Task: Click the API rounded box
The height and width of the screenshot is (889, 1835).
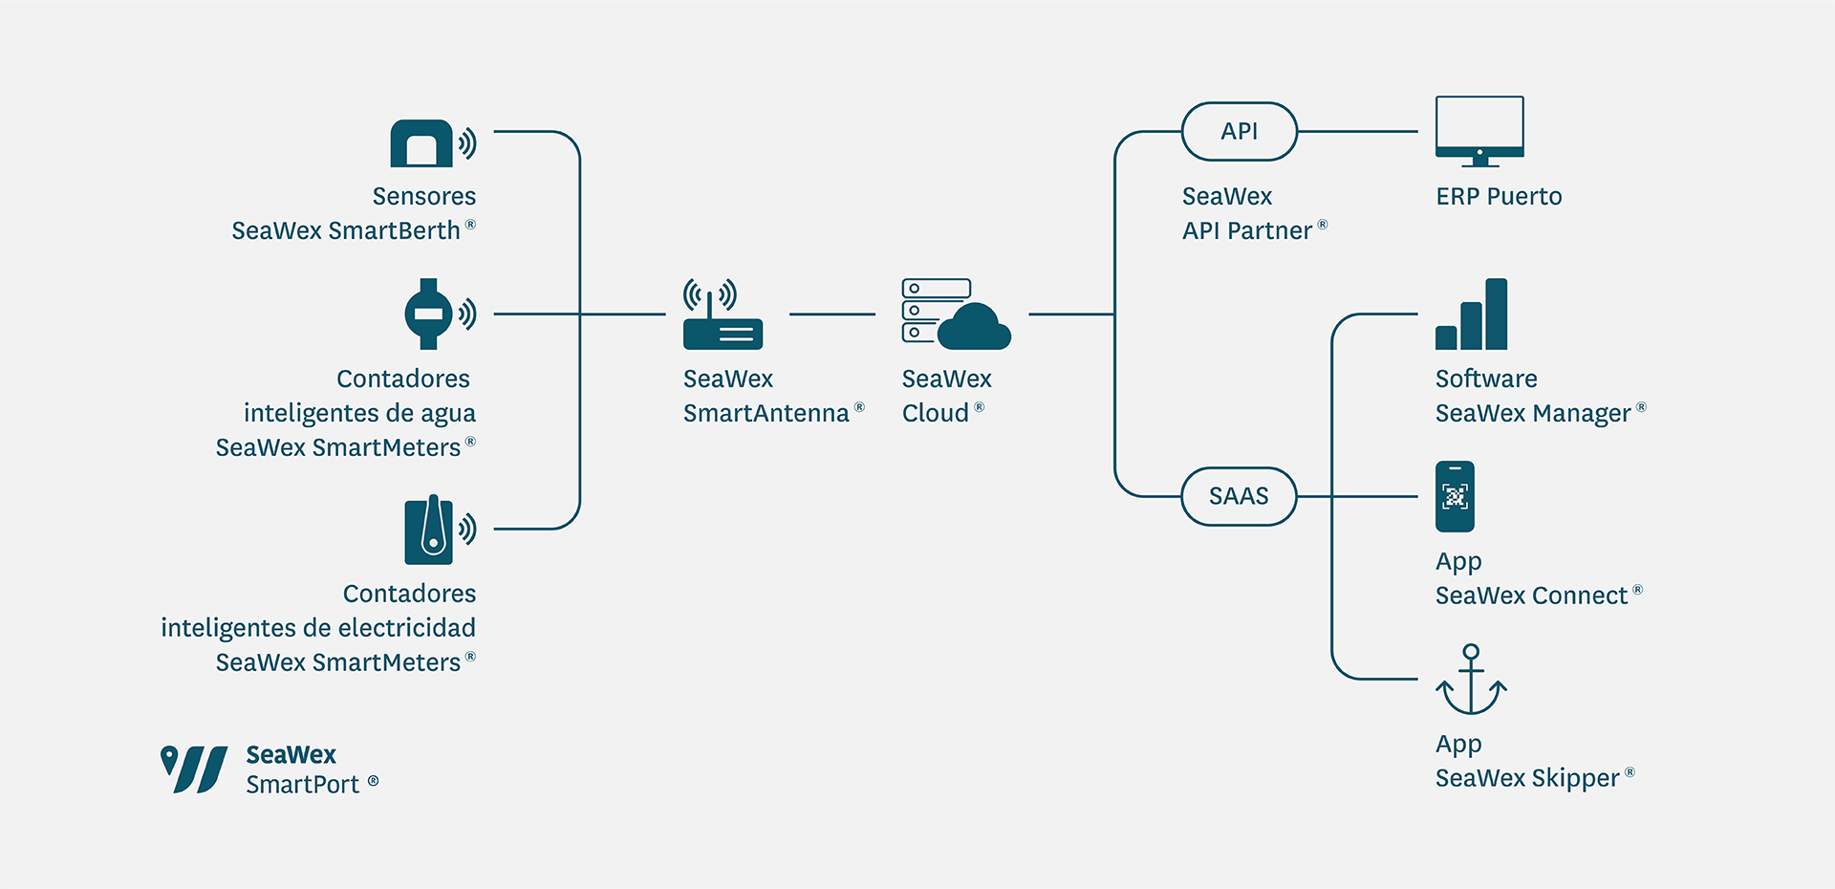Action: [1239, 132]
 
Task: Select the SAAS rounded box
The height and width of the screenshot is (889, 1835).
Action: [1239, 496]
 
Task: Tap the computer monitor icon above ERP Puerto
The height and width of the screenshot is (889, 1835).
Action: [1479, 131]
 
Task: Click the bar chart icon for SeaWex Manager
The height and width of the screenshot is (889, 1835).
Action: [1472, 315]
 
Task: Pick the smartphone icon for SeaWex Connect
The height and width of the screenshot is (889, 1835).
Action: [1455, 496]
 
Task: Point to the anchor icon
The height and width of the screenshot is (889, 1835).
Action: [1471, 680]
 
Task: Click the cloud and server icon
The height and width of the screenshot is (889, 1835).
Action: [956, 314]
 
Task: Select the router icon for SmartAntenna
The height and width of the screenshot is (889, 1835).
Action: [723, 315]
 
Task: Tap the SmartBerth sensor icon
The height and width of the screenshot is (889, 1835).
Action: [422, 143]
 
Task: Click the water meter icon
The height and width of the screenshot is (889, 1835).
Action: [429, 314]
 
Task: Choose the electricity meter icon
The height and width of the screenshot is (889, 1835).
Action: [429, 529]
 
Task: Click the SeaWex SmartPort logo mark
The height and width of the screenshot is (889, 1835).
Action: [194, 770]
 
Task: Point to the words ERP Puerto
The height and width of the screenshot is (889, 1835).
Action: [1499, 197]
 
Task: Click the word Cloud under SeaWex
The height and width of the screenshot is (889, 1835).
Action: [936, 413]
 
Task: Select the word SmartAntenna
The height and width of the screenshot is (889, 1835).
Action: [766, 413]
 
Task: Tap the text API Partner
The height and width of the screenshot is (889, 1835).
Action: [1247, 231]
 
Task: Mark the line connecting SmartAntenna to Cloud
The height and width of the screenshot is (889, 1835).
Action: [831, 314]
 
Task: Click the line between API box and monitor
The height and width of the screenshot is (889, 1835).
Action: [1357, 132]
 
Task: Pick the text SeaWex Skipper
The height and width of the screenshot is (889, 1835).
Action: [1526, 778]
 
